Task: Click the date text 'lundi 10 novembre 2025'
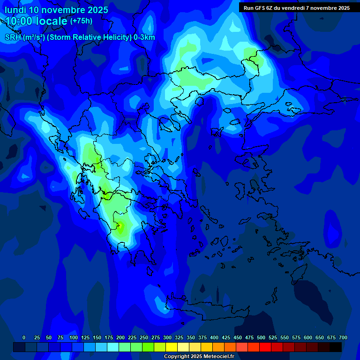tap(56, 10)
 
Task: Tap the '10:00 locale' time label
tap(37, 21)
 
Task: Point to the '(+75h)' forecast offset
tap(81, 21)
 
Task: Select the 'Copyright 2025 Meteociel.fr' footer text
tap(199, 356)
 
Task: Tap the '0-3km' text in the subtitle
tap(144, 37)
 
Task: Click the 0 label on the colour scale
tap(24, 337)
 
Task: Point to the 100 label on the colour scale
tap(73, 337)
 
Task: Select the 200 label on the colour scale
tap(120, 337)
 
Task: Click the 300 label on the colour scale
tap(167, 337)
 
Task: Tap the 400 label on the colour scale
tap(214, 337)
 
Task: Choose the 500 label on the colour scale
tap(261, 337)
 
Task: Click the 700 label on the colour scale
tap(343, 337)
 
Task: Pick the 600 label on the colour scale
tap(308, 337)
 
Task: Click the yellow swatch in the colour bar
tap(172, 347)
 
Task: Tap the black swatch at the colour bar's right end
tap(336, 347)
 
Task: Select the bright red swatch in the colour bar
tap(265, 347)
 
